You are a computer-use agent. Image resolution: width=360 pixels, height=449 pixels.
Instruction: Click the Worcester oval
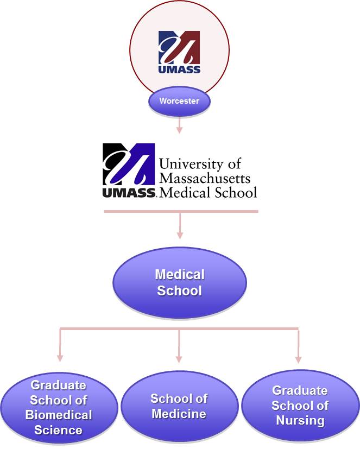[179, 102]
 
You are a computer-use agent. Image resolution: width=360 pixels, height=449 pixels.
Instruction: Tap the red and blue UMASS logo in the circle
[179, 52]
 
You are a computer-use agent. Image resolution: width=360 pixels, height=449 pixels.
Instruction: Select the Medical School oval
[179, 283]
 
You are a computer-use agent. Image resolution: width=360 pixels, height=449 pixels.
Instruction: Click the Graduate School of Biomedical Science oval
[59, 407]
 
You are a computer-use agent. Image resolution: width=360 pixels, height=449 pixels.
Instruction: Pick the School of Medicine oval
[179, 406]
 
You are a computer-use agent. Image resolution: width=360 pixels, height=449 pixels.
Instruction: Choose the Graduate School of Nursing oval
[300, 406]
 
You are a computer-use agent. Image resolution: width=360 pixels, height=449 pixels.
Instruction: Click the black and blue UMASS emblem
[129, 165]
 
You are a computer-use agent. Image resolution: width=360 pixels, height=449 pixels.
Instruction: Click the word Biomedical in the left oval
[59, 415]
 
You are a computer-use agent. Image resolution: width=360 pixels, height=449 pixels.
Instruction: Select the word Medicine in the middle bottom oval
[179, 414]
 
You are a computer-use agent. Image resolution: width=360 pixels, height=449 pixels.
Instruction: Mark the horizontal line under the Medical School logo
[181, 211]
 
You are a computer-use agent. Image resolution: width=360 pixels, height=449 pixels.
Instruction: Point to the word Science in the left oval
[59, 430]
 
